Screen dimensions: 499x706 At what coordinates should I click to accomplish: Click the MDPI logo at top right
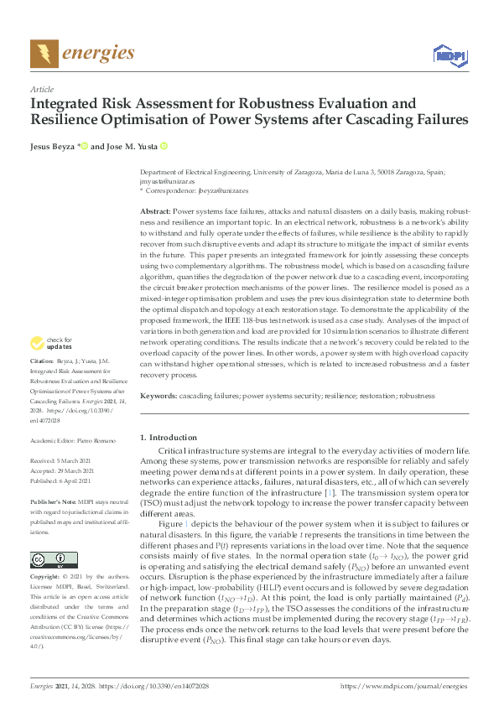448,55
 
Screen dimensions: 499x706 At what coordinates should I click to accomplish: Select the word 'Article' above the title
41,89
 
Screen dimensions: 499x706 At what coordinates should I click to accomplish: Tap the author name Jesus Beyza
54,146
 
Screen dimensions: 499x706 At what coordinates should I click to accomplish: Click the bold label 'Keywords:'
159,395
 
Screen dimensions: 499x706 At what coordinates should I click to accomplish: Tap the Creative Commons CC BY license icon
44,560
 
